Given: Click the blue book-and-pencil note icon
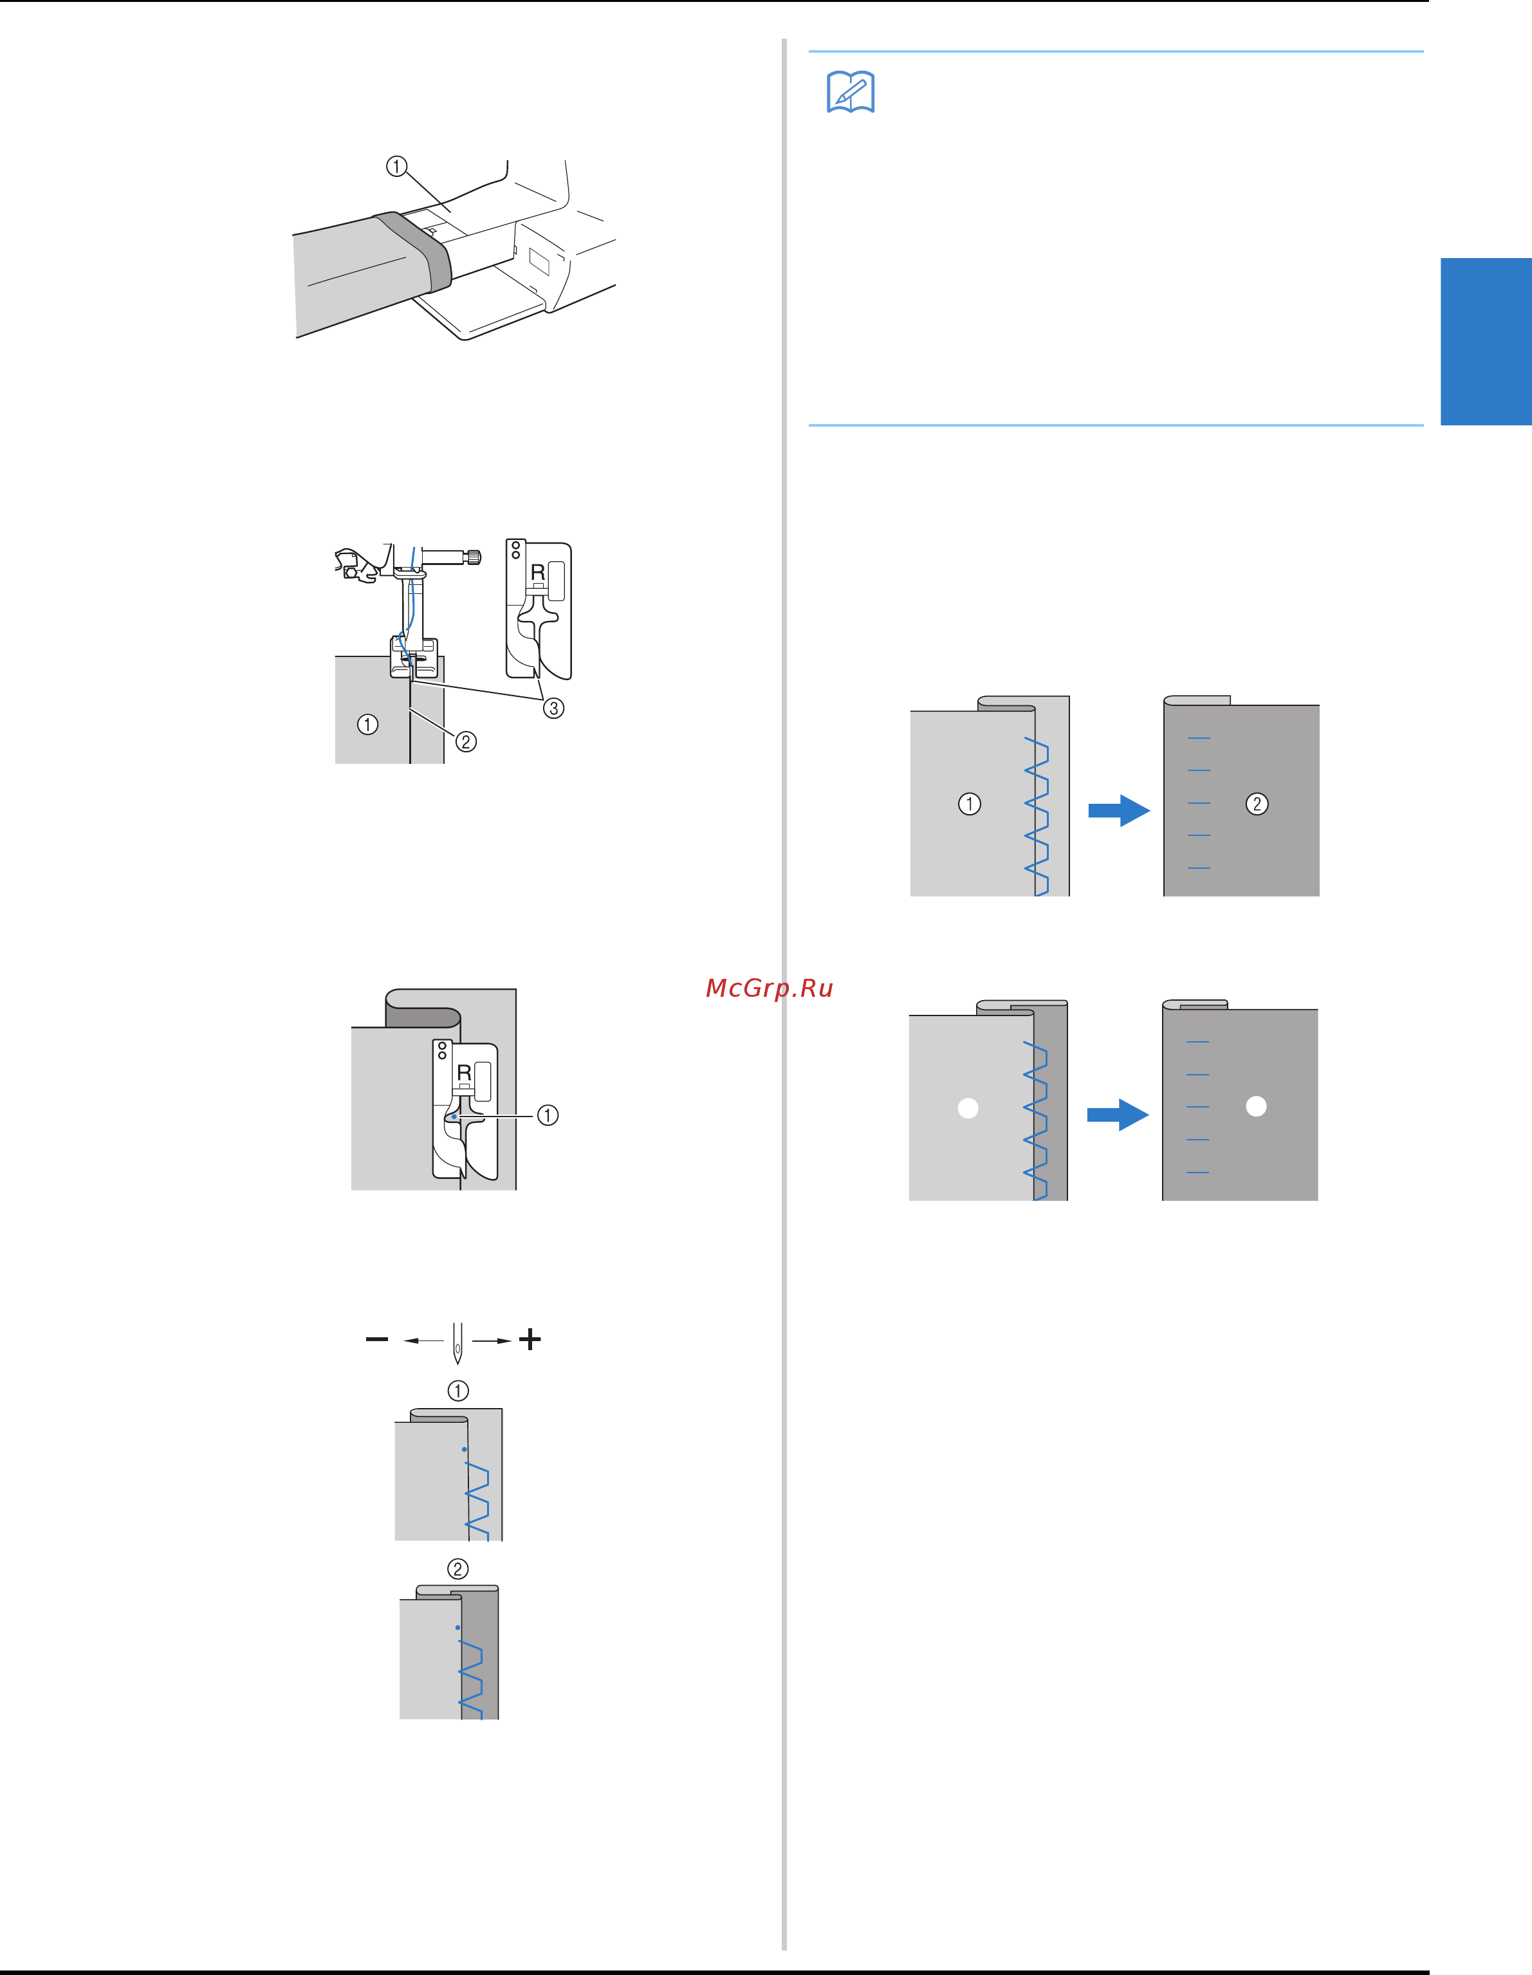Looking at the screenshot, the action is (x=850, y=92).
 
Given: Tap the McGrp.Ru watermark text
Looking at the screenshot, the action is (x=769, y=988).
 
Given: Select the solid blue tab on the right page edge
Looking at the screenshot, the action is (x=1486, y=342).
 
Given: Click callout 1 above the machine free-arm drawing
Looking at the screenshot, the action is (x=396, y=167).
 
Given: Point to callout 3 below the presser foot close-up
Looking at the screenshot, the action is (x=553, y=708).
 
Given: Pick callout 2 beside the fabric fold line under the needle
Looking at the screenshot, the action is (x=466, y=741).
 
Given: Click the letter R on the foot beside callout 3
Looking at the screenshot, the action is (x=537, y=573).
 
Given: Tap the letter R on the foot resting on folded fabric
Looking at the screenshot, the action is (x=464, y=1073).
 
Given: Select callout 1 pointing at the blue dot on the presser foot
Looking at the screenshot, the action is (x=548, y=1115).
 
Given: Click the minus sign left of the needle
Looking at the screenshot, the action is (x=377, y=1339).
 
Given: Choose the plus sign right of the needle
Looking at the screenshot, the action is (x=530, y=1339).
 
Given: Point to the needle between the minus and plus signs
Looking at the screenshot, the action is (x=457, y=1343).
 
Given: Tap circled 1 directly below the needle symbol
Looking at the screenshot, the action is (x=459, y=1391).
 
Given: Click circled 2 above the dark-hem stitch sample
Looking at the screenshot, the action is (x=459, y=1569).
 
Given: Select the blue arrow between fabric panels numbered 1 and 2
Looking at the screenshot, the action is (x=1119, y=810).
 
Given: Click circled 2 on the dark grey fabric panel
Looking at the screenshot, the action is (x=1257, y=804).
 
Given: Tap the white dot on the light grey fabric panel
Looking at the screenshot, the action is (x=968, y=1108).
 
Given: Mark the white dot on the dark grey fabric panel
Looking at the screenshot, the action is (x=1256, y=1106).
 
